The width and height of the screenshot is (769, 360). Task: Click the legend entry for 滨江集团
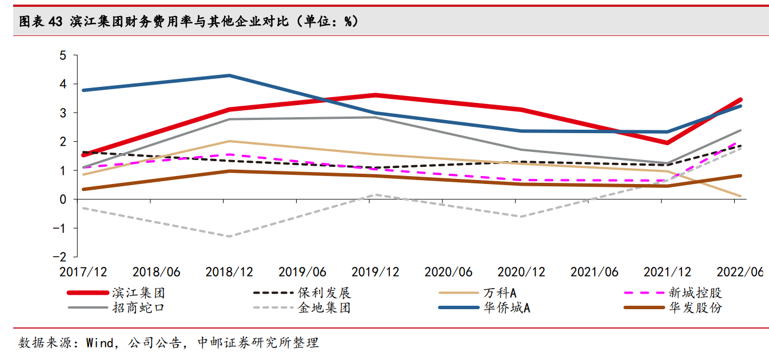point(116,293)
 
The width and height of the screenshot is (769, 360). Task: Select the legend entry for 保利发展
point(302,293)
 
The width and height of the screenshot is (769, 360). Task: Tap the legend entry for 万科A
point(477,293)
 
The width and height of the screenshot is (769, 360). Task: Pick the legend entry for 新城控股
point(673,293)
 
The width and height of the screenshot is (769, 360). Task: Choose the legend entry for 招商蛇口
point(116,307)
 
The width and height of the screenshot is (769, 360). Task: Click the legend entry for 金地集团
point(302,307)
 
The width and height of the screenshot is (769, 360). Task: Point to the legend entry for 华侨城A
point(484,307)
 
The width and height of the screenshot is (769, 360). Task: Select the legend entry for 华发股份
point(673,307)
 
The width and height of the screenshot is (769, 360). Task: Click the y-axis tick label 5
point(63,55)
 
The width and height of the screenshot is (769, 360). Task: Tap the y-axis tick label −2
point(59,257)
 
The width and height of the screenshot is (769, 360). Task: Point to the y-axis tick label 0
point(63,199)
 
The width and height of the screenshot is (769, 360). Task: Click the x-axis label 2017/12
point(83,272)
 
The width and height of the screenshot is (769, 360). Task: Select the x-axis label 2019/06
point(302,272)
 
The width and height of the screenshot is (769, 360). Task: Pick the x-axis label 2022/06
point(740,272)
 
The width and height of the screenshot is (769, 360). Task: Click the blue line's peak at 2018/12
point(229,75)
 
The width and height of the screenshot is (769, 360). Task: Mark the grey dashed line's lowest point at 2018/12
point(229,237)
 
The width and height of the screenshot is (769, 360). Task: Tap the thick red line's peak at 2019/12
point(375,95)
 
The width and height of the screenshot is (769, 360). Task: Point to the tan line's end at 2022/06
point(740,197)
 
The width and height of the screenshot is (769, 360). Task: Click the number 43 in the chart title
point(55,22)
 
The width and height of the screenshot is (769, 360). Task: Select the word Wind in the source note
point(99,343)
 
